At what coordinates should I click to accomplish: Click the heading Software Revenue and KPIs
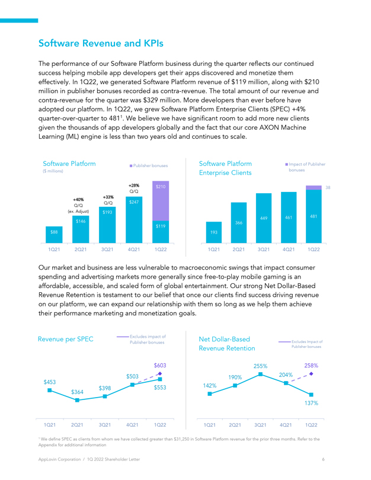(x=101, y=43)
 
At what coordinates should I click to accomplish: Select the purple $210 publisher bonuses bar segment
(x=161, y=201)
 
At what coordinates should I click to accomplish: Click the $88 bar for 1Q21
(x=54, y=235)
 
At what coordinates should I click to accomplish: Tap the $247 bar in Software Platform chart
(x=134, y=220)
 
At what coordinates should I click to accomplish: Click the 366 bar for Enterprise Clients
(x=239, y=223)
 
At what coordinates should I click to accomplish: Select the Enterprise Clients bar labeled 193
(x=214, y=232)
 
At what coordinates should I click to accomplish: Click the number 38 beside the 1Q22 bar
(x=328, y=188)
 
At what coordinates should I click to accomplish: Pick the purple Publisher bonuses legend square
(x=131, y=165)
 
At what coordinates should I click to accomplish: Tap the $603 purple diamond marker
(x=160, y=373)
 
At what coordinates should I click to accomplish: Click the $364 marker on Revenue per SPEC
(x=77, y=400)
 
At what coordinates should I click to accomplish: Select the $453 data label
(x=50, y=382)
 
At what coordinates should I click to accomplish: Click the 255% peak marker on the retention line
(x=261, y=374)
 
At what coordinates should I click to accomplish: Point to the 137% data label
(x=311, y=403)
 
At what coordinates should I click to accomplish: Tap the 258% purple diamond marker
(x=311, y=374)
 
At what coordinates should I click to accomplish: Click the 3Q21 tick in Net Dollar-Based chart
(x=260, y=425)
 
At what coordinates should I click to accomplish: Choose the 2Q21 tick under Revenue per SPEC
(x=77, y=425)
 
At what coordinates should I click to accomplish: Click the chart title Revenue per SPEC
(x=66, y=339)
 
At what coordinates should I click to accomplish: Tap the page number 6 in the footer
(x=323, y=459)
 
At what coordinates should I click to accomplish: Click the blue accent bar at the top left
(x=19, y=21)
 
